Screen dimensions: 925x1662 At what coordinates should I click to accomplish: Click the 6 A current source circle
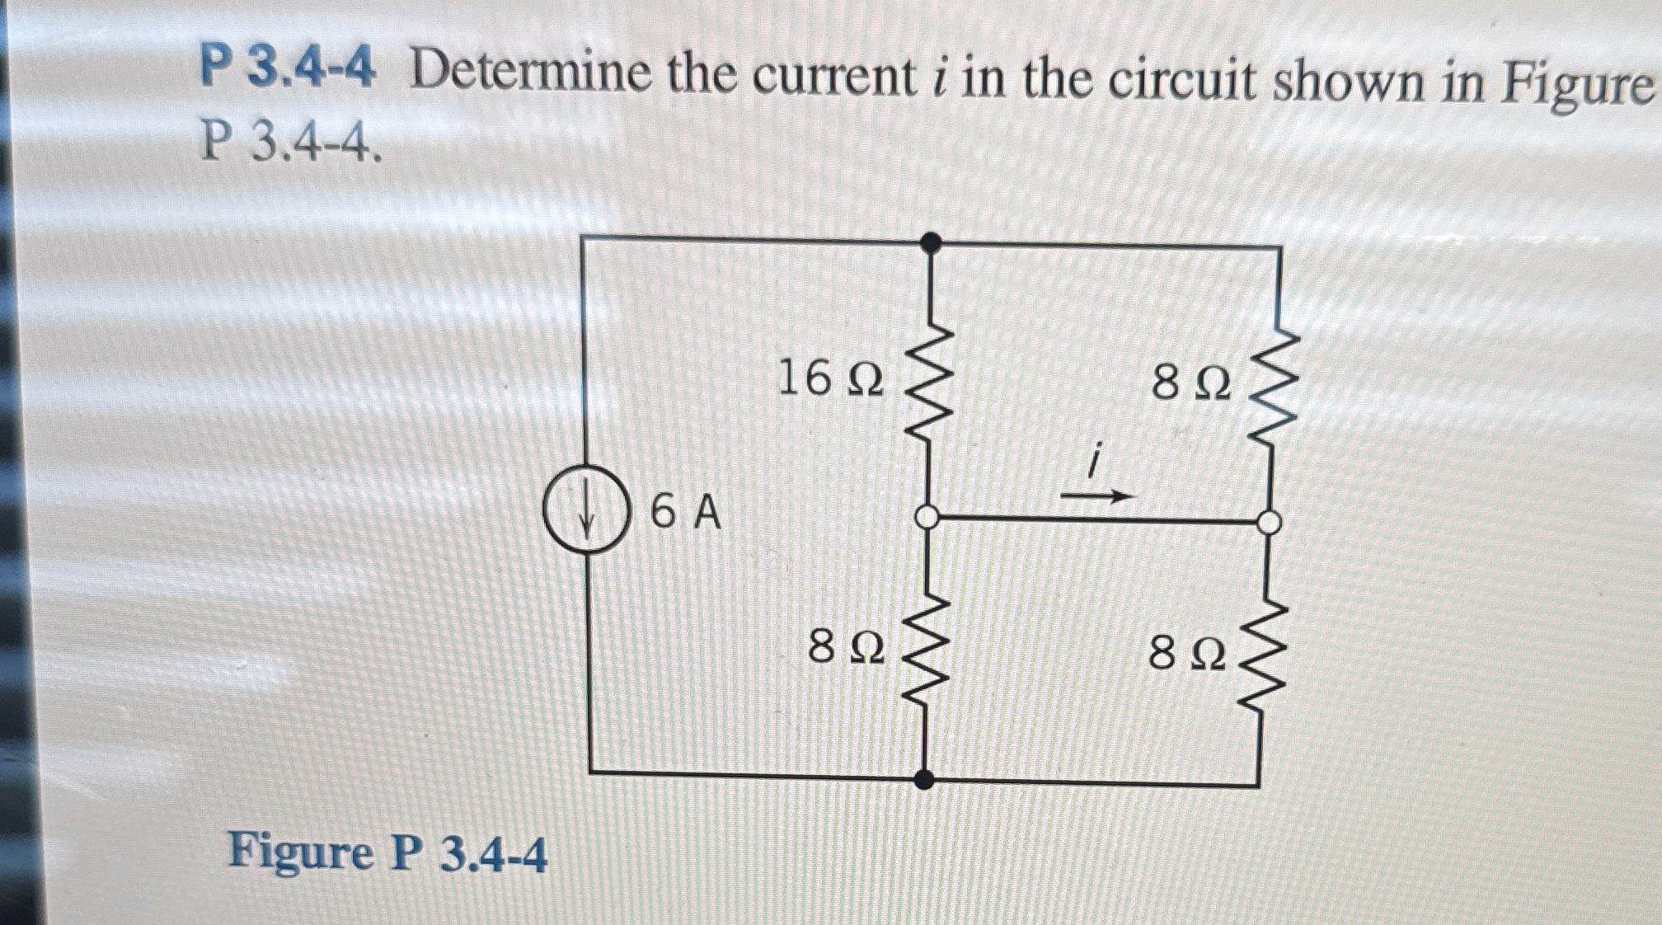[x=586, y=509]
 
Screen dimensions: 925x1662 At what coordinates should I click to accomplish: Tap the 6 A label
[x=685, y=512]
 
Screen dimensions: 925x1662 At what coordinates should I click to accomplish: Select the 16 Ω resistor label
[x=829, y=379]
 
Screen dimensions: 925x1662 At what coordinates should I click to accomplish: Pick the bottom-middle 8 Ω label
[x=847, y=646]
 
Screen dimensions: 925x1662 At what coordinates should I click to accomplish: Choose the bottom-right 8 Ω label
[x=1187, y=655]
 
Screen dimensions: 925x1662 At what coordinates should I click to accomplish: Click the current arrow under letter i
[x=1097, y=496]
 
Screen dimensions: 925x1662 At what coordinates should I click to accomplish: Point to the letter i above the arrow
[x=1095, y=460]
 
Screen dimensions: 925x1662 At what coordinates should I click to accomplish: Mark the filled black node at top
[x=931, y=242]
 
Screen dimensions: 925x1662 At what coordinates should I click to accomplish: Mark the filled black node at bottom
[x=925, y=778]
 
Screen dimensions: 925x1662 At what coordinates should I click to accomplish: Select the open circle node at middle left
[x=928, y=518]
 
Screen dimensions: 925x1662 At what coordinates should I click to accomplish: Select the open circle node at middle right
[x=1270, y=522]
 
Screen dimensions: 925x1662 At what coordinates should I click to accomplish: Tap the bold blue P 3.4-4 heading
[x=288, y=69]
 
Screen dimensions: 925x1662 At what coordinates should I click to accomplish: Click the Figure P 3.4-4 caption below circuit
[x=387, y=852]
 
